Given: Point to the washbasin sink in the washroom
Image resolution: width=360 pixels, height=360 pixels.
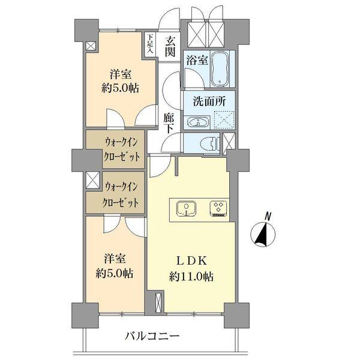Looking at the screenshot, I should point(196,122).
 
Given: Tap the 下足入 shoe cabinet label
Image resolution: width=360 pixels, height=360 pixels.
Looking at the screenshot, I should point(150,43).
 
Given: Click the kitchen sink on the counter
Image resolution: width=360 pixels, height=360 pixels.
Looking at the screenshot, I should point(187,209).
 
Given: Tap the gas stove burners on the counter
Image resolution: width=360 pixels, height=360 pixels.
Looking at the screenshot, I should point(218,209).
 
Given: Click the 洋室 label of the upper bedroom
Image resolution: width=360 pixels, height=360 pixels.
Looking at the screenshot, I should point(120,75).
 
